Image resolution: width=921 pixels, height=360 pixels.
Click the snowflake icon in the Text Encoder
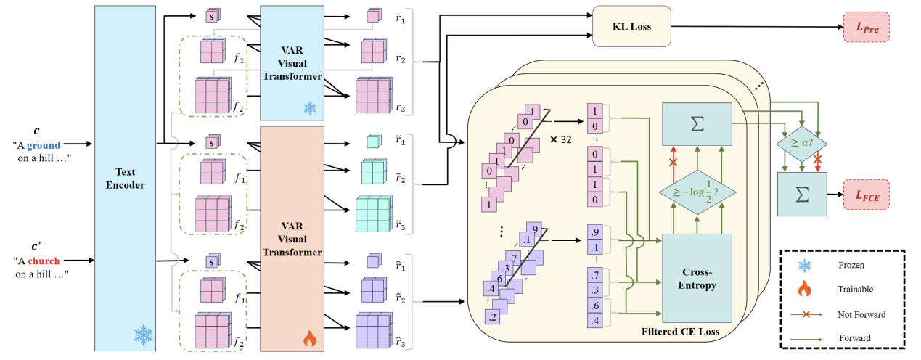click(x=143, y=334)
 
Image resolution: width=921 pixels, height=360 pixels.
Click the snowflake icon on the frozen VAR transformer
click(x=310, y=108)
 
